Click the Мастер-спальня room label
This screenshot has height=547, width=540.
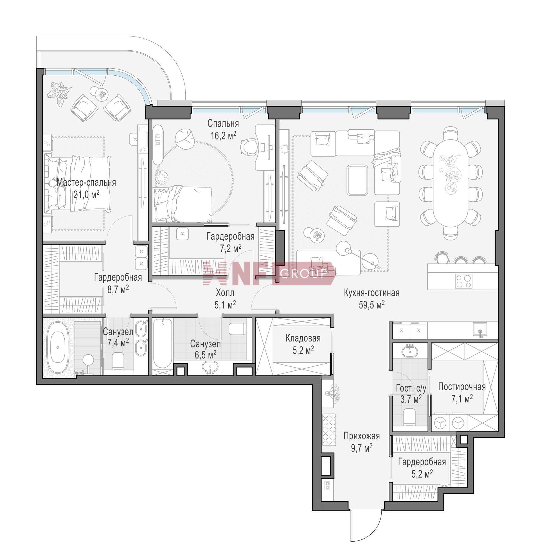coord(86,183)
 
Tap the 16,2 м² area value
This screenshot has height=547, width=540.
coord(223,135)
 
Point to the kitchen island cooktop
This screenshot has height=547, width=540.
coord(463,281)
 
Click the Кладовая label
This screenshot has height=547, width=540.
coord(303,338)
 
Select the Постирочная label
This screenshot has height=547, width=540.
coord(462,386)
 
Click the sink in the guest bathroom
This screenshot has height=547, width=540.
coord(409,350)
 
